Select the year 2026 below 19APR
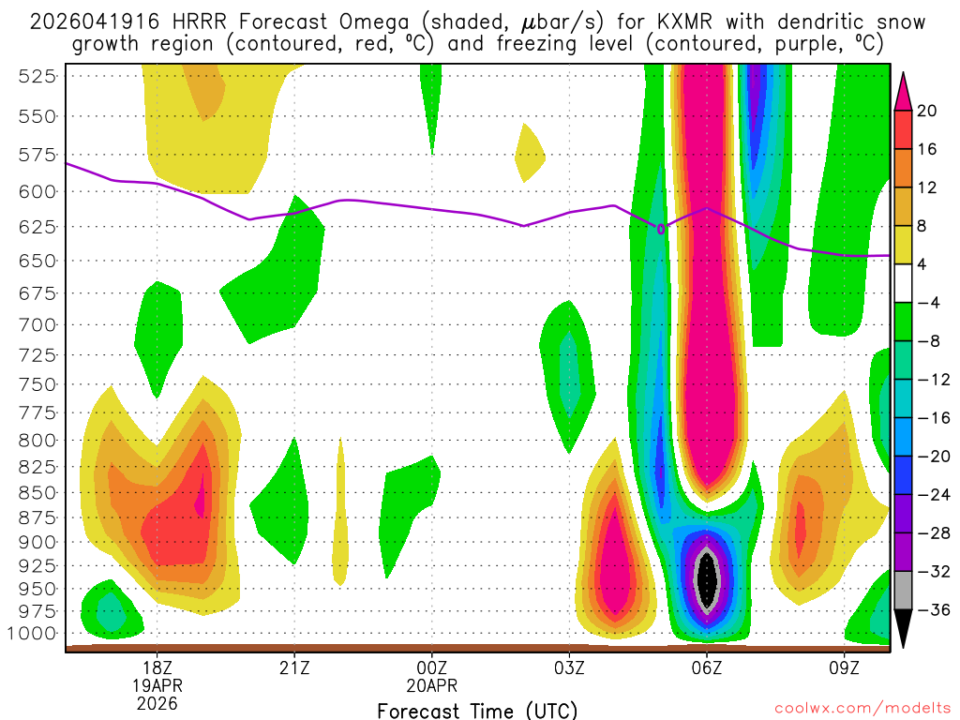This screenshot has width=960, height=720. click(x=157, y=702)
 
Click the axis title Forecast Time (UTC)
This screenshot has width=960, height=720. click(x=477, y=711)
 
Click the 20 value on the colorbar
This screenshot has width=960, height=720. click(x=927, y=111)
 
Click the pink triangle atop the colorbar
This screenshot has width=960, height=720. click(x=903, y=90)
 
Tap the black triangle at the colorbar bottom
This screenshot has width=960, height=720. click(x=903, y=629)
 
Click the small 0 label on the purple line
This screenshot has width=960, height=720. click(x=661, y=228)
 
